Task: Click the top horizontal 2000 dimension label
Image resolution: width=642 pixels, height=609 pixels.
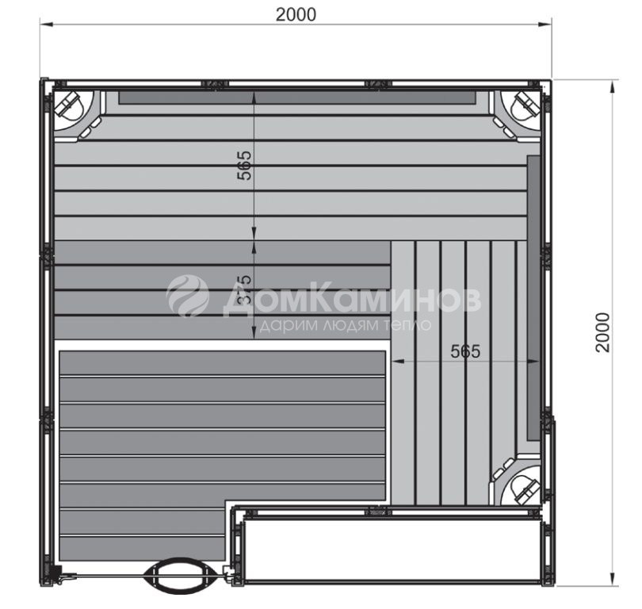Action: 296,15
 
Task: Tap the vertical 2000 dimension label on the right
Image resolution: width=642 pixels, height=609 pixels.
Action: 603,332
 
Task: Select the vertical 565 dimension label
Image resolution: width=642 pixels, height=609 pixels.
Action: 244,166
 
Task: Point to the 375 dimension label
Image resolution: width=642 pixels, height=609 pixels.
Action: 244,289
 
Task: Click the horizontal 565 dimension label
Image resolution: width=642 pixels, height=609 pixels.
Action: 465,351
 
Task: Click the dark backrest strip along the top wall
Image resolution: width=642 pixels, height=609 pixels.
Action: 297,98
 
